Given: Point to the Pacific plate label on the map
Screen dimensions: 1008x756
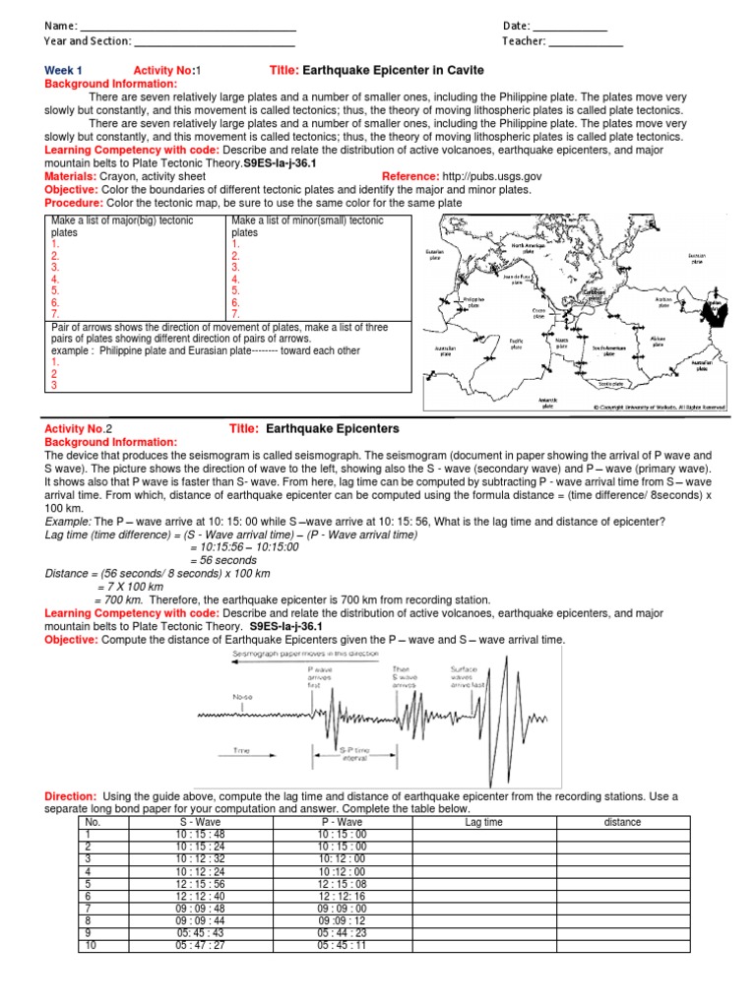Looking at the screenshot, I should pyautogui.click(x=517, y=344).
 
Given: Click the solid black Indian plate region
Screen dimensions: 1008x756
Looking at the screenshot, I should pyautogui.click(x=720, y=313).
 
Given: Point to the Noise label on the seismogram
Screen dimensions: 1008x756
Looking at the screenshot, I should pyautogui.click(x=242, y=696).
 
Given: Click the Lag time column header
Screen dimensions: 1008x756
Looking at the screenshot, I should pyautogui.click(x=483, y=822).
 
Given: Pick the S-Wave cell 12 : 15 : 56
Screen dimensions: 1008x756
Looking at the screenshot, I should pyautogui.click(x=200, y=883).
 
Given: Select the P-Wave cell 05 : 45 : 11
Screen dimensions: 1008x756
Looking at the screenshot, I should pyautogui.click(x=342, y=945).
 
